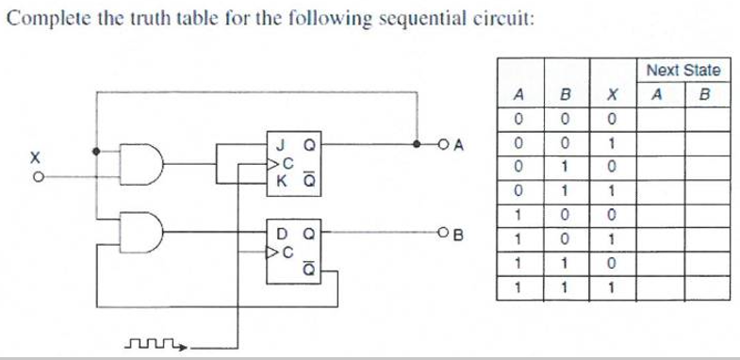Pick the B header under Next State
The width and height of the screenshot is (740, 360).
(x=702, y=94)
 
